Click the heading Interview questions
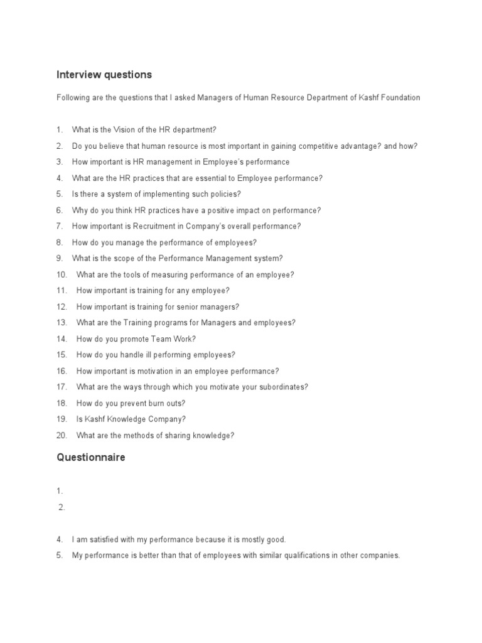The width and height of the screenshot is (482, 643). click(x=104, y=75)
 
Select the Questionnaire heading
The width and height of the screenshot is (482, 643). click(x=91, y=458)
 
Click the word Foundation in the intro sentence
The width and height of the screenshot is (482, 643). click(x=399, y=98)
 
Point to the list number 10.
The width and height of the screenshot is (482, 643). click(x=62, y=275)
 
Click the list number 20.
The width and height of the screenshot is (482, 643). click(x=62, y=435)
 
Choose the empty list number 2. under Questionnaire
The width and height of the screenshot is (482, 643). click(x=62, y=508)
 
